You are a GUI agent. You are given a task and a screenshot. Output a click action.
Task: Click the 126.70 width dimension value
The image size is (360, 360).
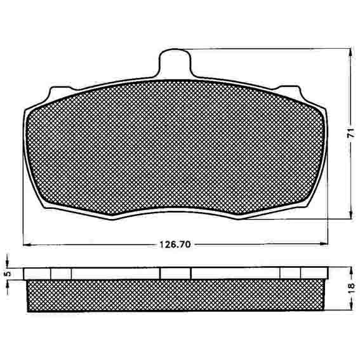175,244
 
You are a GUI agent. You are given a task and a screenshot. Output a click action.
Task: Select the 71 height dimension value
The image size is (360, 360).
350,133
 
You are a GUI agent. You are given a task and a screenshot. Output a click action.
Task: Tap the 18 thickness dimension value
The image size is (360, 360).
351,288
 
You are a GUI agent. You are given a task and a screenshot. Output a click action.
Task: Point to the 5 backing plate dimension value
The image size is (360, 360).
8,274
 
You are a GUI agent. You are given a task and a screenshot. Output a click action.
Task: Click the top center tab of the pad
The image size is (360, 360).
175,63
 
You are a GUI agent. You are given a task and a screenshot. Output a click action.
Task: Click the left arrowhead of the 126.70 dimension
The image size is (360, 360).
27,244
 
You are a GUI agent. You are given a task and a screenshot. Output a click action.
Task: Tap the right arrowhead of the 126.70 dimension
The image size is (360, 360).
324,244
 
